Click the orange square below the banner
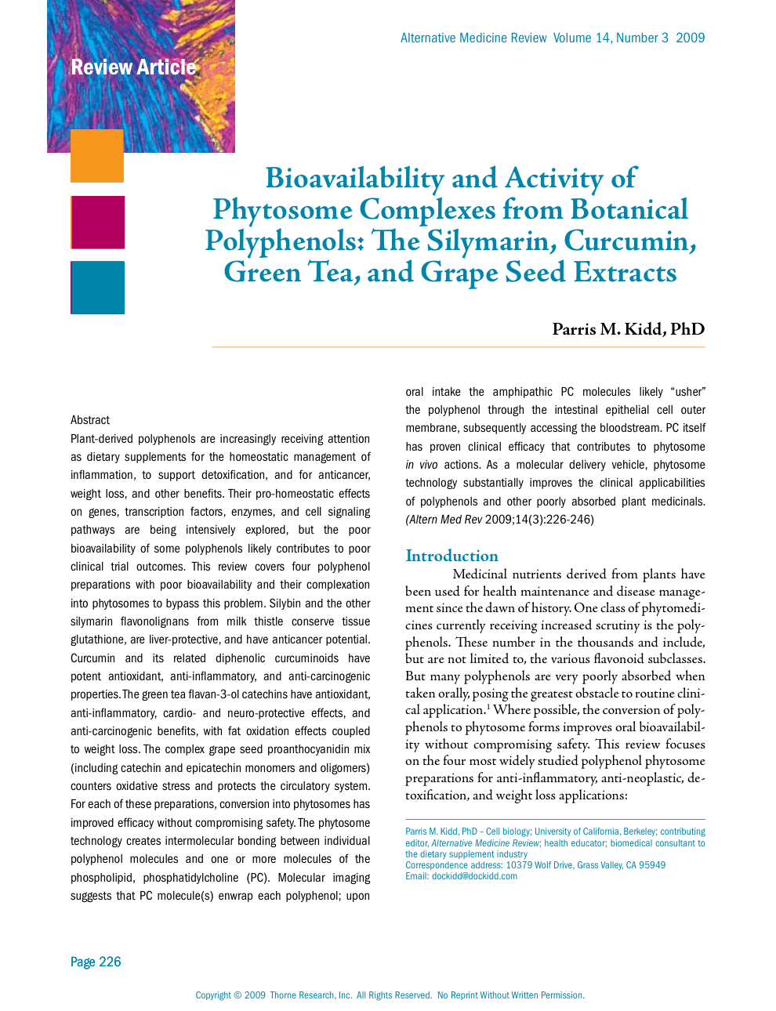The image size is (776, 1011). (x=97, y=156)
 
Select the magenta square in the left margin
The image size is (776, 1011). (x=98, y=223)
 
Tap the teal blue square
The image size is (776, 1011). (x=98, y=288)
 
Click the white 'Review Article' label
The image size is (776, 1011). (x=133, y=67)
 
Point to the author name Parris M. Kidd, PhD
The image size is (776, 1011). (x=628, y=329)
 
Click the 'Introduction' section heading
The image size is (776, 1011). (x=451, y=556)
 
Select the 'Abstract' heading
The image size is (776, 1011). (x=90, y=420)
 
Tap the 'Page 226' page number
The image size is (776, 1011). (x=96, y=962)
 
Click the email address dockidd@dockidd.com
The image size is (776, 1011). (x=474, y=876)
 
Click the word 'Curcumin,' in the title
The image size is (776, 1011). (x=629, y=241)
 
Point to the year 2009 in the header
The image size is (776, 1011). (x=690, y=38)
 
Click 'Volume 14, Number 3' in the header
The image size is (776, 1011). (x=611, y=38)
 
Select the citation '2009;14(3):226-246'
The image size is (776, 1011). (x=539, y=519)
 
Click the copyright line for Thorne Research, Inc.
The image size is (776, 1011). (x=390, y=995)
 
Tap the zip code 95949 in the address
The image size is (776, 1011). (x=652, y=865)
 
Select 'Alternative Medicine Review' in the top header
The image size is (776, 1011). (x=473, y=38)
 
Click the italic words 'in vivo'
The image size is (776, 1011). (x=422, y=465)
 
